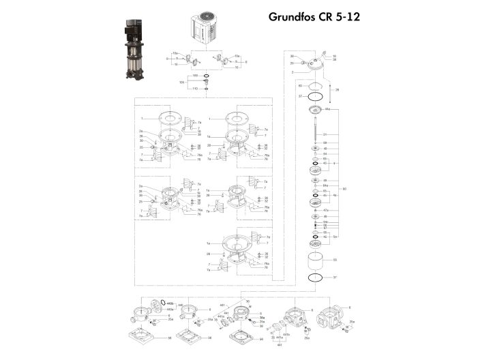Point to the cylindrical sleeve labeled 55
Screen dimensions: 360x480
tap(315, 260)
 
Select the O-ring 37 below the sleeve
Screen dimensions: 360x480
tap(315, 279)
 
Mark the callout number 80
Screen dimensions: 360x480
tap(344, 188)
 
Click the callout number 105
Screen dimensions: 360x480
tap(182, 82)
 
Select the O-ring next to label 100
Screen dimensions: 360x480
tap(206, 75)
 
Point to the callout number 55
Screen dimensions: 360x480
tap(335, 260)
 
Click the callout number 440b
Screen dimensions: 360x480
tap(170, 302)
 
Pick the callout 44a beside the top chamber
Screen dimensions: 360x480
tap(328, 109)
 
